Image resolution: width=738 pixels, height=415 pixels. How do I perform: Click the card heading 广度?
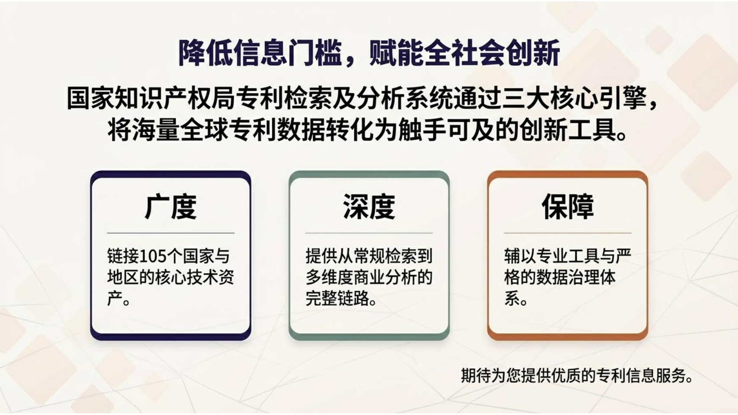click(x=171, y=207)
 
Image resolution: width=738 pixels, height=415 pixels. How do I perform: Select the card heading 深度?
click(x=369, y=207)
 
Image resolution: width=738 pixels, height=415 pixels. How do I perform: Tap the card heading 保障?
click(x=568, y=207)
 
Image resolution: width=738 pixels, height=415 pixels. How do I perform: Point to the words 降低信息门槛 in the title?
click(x=260, y=53)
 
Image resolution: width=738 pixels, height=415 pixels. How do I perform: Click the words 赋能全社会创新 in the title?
click(x=465, y=53)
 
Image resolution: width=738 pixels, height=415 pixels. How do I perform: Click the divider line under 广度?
click(x=171, y=233)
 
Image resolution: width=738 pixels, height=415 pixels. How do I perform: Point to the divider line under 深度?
click(x=369, y=233)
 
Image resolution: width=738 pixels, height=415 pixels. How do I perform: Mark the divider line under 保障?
click(x=568, y=233)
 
